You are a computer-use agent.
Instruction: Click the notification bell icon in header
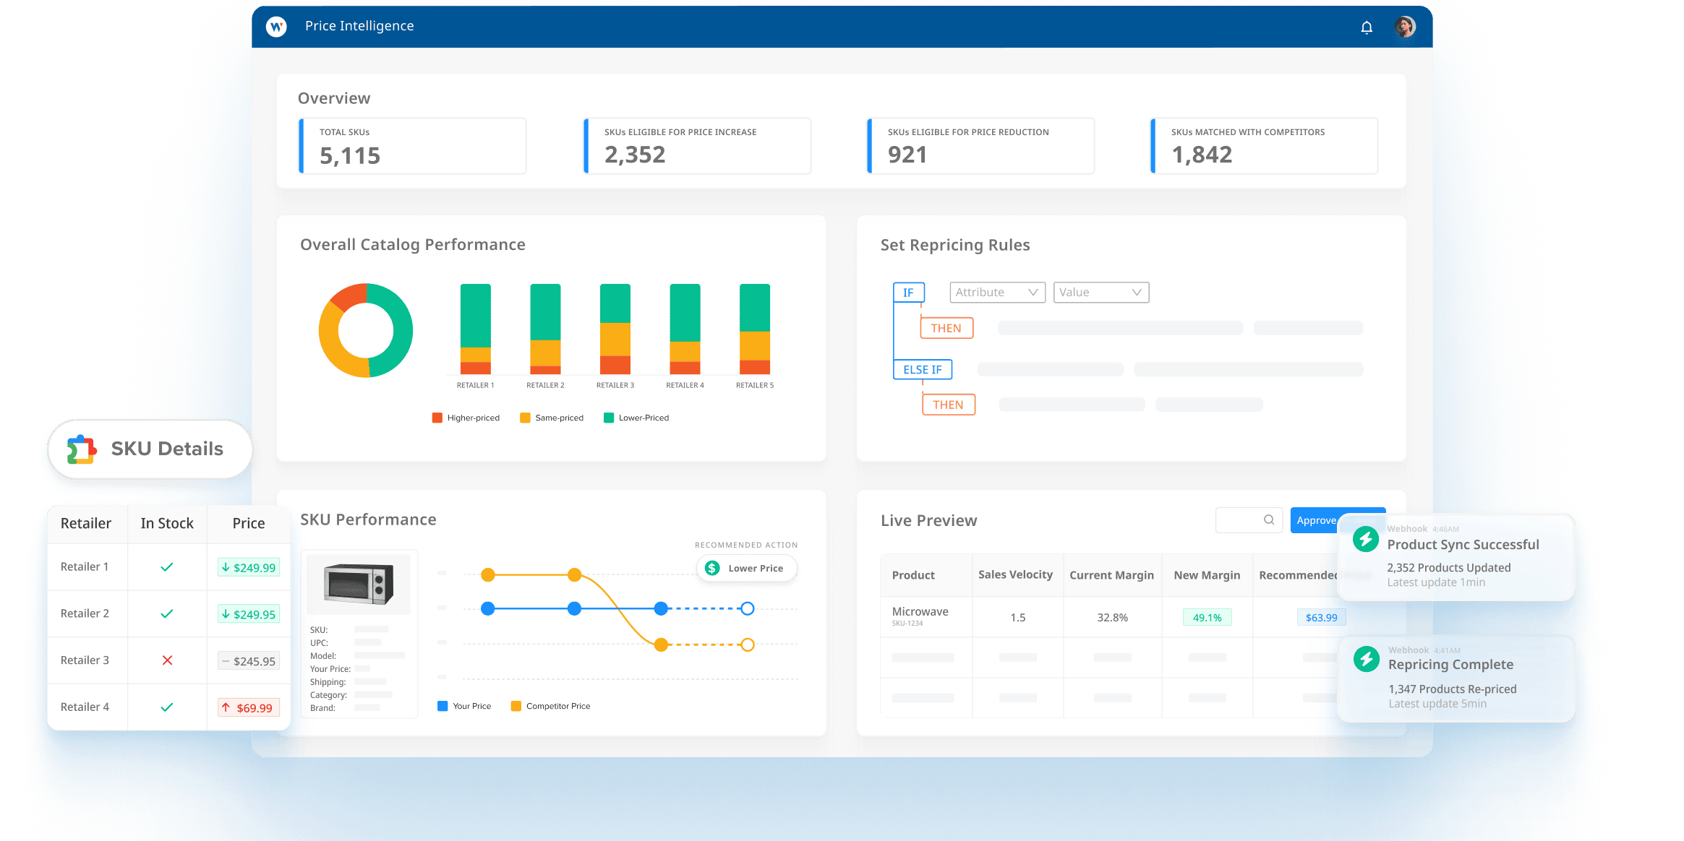pos(1366,27)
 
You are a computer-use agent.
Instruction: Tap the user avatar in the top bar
pos(1404,27)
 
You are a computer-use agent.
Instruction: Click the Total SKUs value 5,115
pos(350,155)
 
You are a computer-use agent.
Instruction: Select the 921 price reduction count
pos(907,155)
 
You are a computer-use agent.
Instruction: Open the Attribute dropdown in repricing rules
pos(996,292)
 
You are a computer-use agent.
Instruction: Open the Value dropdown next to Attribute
pos(1100,292)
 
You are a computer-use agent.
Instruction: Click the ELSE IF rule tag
pos(922,369)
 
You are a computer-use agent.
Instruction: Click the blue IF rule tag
pos(908,292)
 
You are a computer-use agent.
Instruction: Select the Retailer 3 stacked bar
pos(615,329)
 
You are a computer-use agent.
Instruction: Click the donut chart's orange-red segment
pos(349,296)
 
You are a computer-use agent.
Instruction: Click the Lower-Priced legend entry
pos(636,418)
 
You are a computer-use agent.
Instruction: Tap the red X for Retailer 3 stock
pos(167,660)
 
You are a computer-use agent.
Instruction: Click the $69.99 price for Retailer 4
pos(249,708)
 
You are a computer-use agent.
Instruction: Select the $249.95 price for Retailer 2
pos(249,614)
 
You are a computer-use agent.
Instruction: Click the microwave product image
pos(359,583)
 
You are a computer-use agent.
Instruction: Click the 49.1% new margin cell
pos(1207,618)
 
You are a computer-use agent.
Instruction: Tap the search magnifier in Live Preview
pos(1268,519)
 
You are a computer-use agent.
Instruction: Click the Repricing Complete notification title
pos(1450,665)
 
